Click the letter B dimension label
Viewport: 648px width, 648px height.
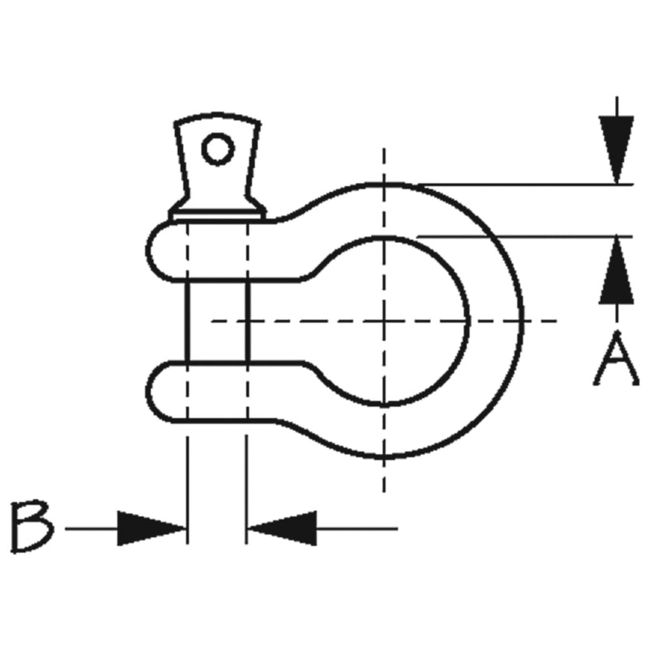coord(32,526)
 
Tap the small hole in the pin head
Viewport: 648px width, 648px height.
coord(218,149)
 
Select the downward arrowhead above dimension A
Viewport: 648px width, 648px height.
coord(616,150)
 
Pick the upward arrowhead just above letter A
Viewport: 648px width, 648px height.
coord(616,271)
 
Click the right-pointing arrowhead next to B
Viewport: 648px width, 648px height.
coord(151,528)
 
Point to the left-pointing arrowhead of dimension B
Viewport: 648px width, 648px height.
coord(282,528)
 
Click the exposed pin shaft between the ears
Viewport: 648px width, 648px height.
coord(218,321)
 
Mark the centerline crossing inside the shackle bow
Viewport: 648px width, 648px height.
coord(384,321)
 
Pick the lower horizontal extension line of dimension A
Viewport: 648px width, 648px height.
coord(525,237)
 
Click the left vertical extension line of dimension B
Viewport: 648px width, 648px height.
coord(188,490)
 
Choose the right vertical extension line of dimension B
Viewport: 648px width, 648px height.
coord(247,490)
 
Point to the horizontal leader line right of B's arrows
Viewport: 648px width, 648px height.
coord(356,528)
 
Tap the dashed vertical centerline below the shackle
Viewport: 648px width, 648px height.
coord(384,475)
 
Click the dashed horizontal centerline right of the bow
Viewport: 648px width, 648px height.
coord(540,321)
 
